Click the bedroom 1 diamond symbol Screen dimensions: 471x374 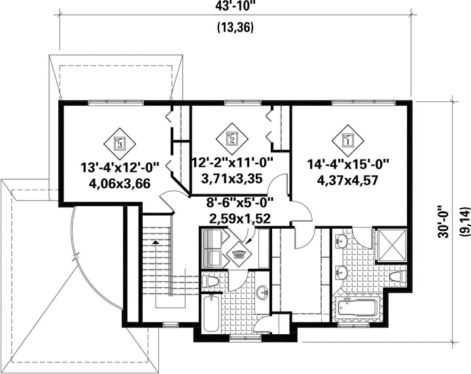click(x=348, y=140)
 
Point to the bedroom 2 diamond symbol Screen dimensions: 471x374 click(x=232, y=139)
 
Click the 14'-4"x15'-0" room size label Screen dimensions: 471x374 click(x=348, y=165)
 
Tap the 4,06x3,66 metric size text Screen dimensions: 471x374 click(x=120, y=183)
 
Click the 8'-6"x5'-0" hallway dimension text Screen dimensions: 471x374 click(x=239, y=203)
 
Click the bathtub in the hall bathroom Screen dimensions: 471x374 click(x=211, y=314)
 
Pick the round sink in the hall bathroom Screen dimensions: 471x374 click(x=264, y=292)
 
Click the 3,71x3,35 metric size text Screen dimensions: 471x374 click(x=232, y=179)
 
